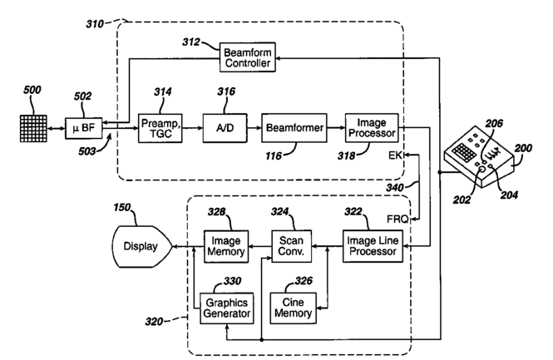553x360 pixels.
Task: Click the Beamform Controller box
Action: (247, 58)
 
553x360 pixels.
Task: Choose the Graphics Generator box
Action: (222, 307)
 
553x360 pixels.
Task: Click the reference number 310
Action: (100, 25)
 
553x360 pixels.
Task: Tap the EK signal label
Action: (397, 155)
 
